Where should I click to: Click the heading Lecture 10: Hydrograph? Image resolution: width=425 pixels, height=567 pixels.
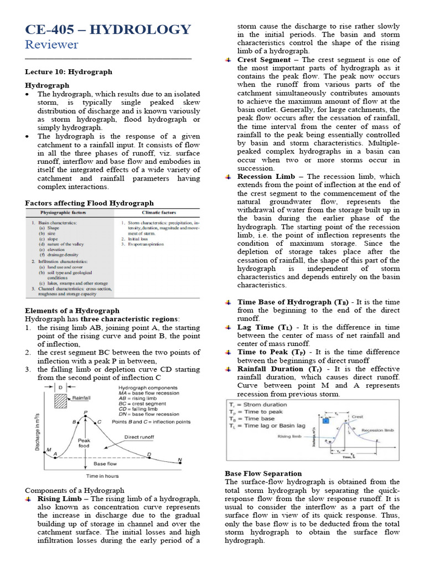coord(69,72)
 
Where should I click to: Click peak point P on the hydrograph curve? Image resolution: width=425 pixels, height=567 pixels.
coord(85,413)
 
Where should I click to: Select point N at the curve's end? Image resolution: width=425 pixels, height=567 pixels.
coord(179,460)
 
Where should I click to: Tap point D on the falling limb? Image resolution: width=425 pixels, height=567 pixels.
coord(148,455)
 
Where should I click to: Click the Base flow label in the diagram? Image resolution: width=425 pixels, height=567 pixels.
coord(105,464)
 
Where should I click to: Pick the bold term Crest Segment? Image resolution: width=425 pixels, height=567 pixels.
coord(264,60)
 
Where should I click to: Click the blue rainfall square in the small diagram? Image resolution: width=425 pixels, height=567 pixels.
coord(326,421)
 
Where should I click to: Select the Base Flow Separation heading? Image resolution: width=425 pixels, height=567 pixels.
coord(263,473)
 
